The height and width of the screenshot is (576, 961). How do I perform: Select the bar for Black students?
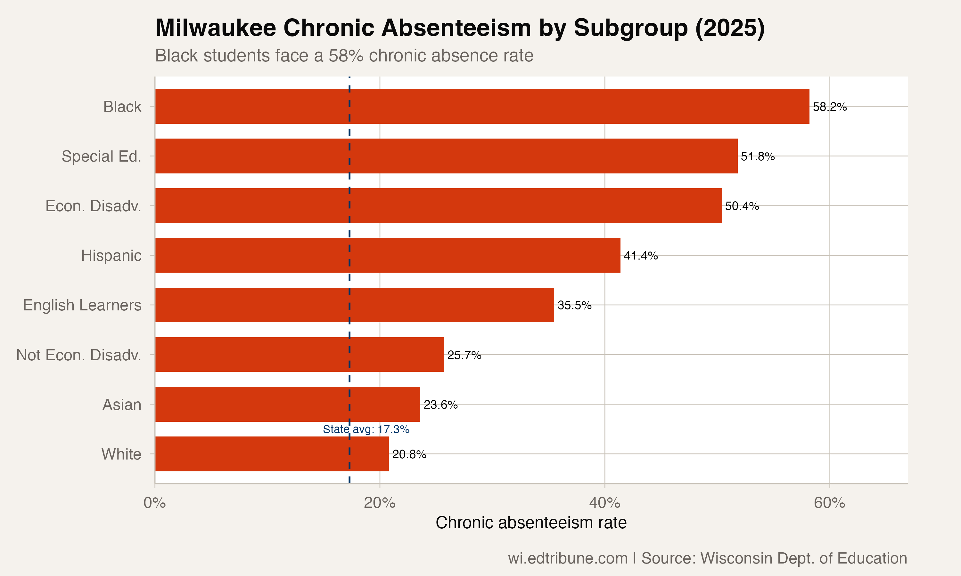point(482,106)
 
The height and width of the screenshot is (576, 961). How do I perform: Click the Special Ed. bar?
point(446,156)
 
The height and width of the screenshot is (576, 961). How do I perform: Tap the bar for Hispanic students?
point(387,255)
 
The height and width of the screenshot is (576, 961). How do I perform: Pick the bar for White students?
point(272,454)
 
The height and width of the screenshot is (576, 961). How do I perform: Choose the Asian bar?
point(287,404)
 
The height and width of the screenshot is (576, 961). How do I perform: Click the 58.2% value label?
point(829,107)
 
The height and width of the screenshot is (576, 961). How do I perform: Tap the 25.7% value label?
point(464,355)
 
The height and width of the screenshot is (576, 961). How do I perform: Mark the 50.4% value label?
point(742,206)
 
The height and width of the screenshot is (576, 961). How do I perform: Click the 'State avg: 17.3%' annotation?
point(366,429)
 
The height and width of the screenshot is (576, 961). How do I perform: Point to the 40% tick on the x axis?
point(604,503)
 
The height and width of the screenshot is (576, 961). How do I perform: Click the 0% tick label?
point(155,503)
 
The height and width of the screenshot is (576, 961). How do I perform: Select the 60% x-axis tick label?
point(829,503)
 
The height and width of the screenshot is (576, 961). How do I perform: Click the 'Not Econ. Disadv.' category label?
point(79,355)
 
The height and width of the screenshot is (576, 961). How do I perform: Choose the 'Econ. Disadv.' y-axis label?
point(93,206)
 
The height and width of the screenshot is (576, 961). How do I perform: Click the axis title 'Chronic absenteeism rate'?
point(531,523)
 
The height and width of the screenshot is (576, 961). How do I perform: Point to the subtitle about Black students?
point(344,55)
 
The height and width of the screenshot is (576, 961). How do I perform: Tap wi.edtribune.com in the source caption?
point(568,558)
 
